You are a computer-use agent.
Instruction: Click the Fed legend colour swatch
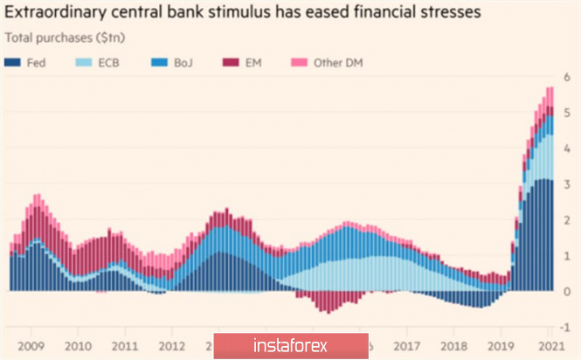pos(14,62)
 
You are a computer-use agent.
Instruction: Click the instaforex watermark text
pos(288,344)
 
